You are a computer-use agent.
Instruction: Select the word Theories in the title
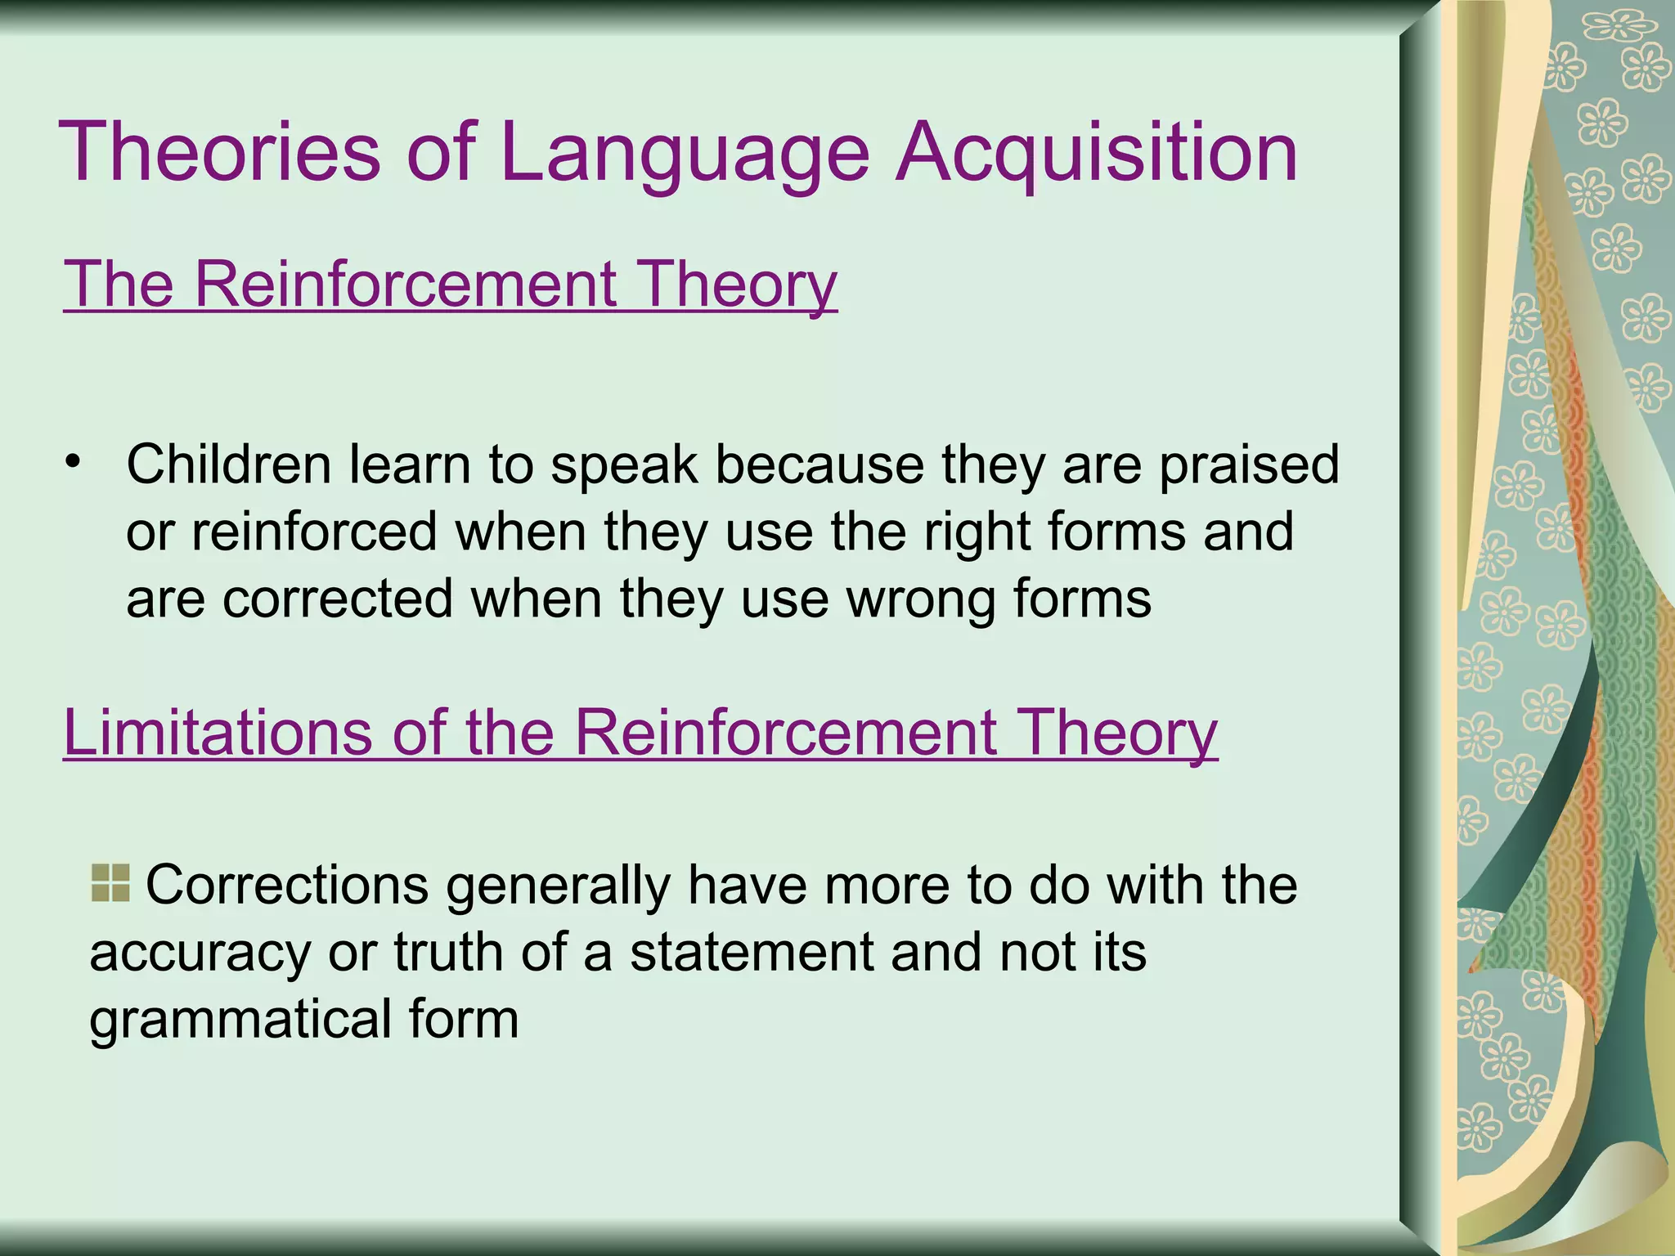point(219,152)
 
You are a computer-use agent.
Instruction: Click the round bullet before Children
point(74,461)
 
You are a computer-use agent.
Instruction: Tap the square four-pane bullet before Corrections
point(110,883)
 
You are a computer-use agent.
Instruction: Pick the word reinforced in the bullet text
point(315,532)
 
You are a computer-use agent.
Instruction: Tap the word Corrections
point(286,886)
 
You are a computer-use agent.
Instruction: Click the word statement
point(752,953)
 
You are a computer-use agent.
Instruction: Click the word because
point(820,464)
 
